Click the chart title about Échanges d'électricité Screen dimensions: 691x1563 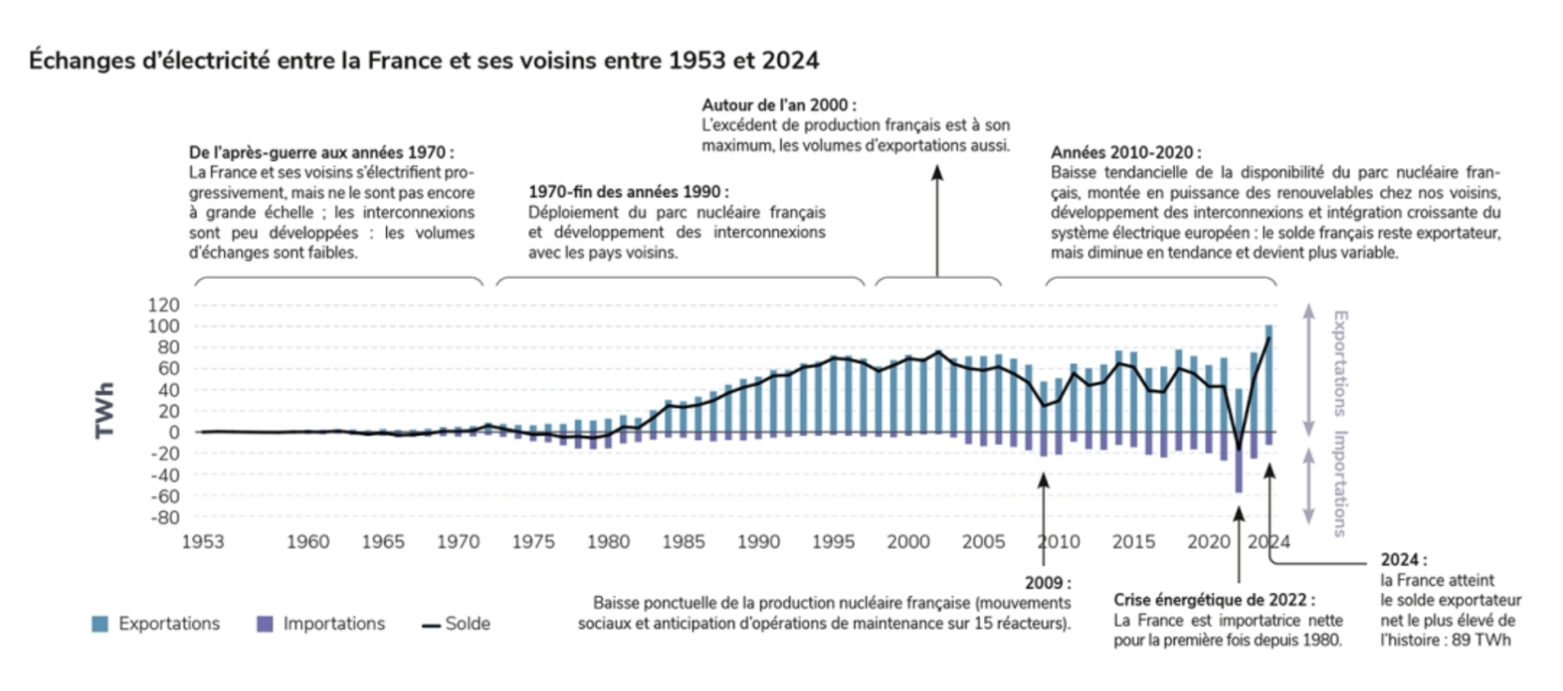click(x=424, y=60)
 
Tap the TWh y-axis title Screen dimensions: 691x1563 click(x=105, y=410)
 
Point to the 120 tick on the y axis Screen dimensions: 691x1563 click(x=163, y=305)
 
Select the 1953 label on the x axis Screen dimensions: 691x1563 click(x=202, y=542)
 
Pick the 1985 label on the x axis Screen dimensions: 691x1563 click(x=683, y=542)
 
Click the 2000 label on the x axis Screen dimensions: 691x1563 click(x=907, y=542)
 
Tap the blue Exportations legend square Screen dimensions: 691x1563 click(x=99, y=624)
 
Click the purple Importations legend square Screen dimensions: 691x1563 click(x=265, y=624)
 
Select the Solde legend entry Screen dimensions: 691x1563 click(x=456, y=624)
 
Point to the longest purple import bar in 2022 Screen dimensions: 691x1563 click(x=1239, y=465)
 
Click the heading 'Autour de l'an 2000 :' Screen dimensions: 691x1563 click(x=778, y=105)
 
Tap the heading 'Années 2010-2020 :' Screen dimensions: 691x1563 click(x=1125, y=153)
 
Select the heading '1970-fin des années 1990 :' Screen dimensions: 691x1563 click(x=628, y=191)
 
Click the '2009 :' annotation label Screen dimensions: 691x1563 click(x=1047, y=583)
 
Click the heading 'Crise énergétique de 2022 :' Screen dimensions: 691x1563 click(x=1213, y=600)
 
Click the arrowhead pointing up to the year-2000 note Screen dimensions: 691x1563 click(x=937, y=172)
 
